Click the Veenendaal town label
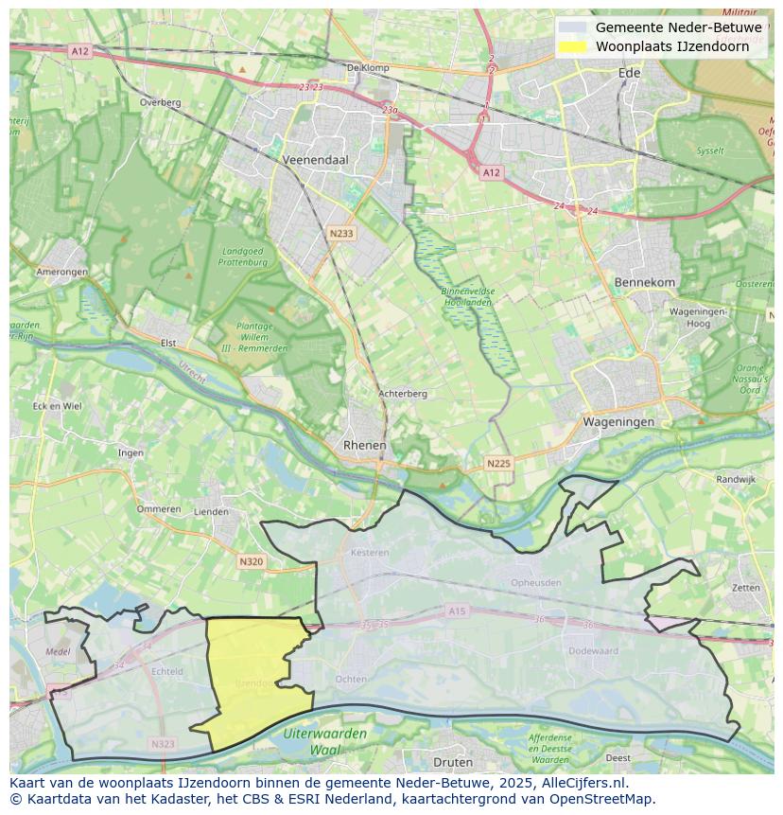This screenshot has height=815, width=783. [x=315, y=161]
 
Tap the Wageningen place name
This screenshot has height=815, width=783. [x=618, y=422]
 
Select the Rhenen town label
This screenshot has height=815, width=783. [x=364, y=445]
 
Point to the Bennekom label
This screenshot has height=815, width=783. [x=644, y=283]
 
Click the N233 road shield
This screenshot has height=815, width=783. [x=341, y=232]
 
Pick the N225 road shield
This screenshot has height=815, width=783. [x=498, y=463]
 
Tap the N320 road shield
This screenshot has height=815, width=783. [x=251, y=561]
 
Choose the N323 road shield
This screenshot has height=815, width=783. [x=163, y=744]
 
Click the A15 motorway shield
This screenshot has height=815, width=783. [x=458, y=611]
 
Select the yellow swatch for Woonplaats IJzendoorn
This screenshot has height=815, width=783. [x=572, y=46]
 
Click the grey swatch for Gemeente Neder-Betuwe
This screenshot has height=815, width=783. [x=572, y=27]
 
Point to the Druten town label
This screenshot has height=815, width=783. [x=452, y=762]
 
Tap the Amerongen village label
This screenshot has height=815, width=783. [x=62, y=272]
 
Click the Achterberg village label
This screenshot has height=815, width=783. [x=403, y=394]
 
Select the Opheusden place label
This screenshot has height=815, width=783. [x=535, y=583]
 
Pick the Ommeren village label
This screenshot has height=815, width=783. [x=158, y=509]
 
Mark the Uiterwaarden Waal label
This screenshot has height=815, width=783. [x=325, y=742]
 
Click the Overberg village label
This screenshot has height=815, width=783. [x=159, y=102]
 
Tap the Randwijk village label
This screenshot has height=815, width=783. [x=736, y=480]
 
